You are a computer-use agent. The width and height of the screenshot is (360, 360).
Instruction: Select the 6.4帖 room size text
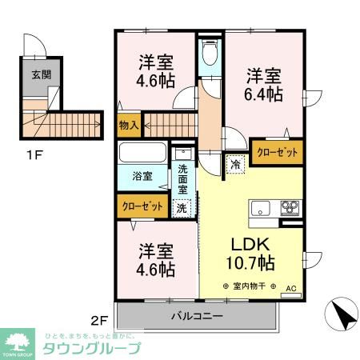pos(264,94)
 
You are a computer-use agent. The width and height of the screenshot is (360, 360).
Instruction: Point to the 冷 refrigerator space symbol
pos(236,163)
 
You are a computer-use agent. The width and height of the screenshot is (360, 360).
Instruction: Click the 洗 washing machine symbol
pos(182,207)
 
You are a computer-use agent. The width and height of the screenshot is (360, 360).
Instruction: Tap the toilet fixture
pos(209,54)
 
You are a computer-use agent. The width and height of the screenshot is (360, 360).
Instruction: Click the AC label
pos(291,288)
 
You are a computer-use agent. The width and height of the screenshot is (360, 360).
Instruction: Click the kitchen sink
pos(263,210)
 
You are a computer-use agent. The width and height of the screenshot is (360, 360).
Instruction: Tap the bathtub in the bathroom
pos(142,153)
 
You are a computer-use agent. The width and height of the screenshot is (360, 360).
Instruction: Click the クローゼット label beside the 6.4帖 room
pos(278,152)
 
